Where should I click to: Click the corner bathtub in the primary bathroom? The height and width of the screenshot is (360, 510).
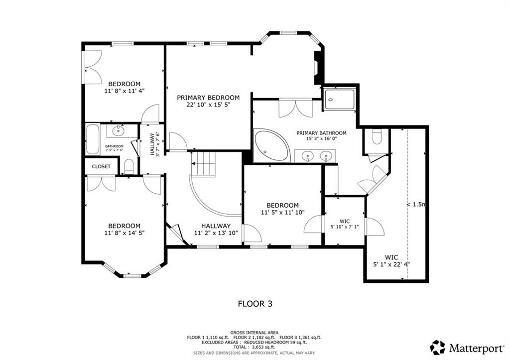[x=271, y=145]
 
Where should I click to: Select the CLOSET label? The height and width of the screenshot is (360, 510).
[x=101, y=166]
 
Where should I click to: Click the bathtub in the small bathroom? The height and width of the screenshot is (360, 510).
[x=93, y=139]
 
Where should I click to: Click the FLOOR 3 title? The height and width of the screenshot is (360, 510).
[x=255, y=304]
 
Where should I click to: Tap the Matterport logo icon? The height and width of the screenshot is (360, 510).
[x=437, y=348]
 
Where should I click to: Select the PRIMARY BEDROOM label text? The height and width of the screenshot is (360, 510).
[x=208, y=98]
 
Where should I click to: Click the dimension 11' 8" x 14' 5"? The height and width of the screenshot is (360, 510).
[x=124, y=233]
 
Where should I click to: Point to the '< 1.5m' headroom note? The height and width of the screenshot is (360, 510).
[x=416, y=205]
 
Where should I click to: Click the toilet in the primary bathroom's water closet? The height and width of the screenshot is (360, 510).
[x=377, y=137]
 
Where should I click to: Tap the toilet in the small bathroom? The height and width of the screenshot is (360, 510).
[x=129, y=166]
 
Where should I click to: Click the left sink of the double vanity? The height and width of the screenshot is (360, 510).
[x=307, y=157]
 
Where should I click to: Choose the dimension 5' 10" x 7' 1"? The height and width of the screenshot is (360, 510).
[x=345, y=227]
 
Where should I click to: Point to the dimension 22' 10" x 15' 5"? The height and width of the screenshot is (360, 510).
[x=208, y=105]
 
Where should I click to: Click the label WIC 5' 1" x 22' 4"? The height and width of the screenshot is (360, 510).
[x=391, y=261]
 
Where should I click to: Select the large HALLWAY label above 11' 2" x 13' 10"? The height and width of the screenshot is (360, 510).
[x=216, y=226]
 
